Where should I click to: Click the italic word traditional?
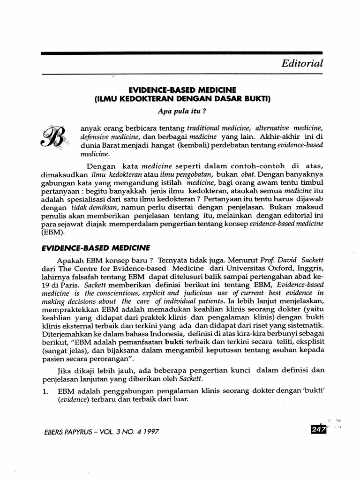point(204,128)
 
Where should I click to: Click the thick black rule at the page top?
point(182,53)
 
